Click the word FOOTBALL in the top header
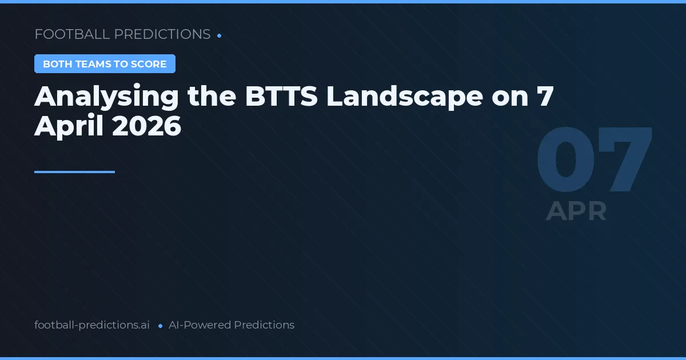72,34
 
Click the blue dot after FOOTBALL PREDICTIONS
220,35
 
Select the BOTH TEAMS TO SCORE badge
105,64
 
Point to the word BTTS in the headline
282,97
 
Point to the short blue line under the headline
74,171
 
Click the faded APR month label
576,211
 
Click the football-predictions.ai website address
92,325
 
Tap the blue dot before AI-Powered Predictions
160,326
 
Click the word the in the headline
212,97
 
